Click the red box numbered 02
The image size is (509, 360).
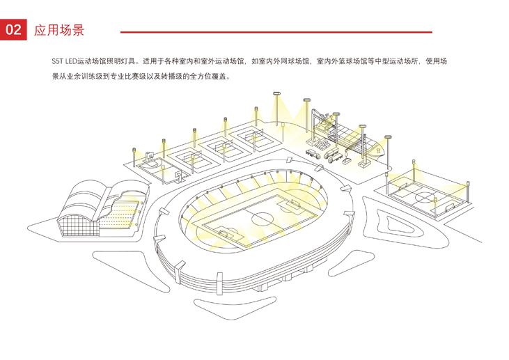point(13,30)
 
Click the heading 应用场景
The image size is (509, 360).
point(59,31)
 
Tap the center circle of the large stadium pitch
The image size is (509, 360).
point(263,218)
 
